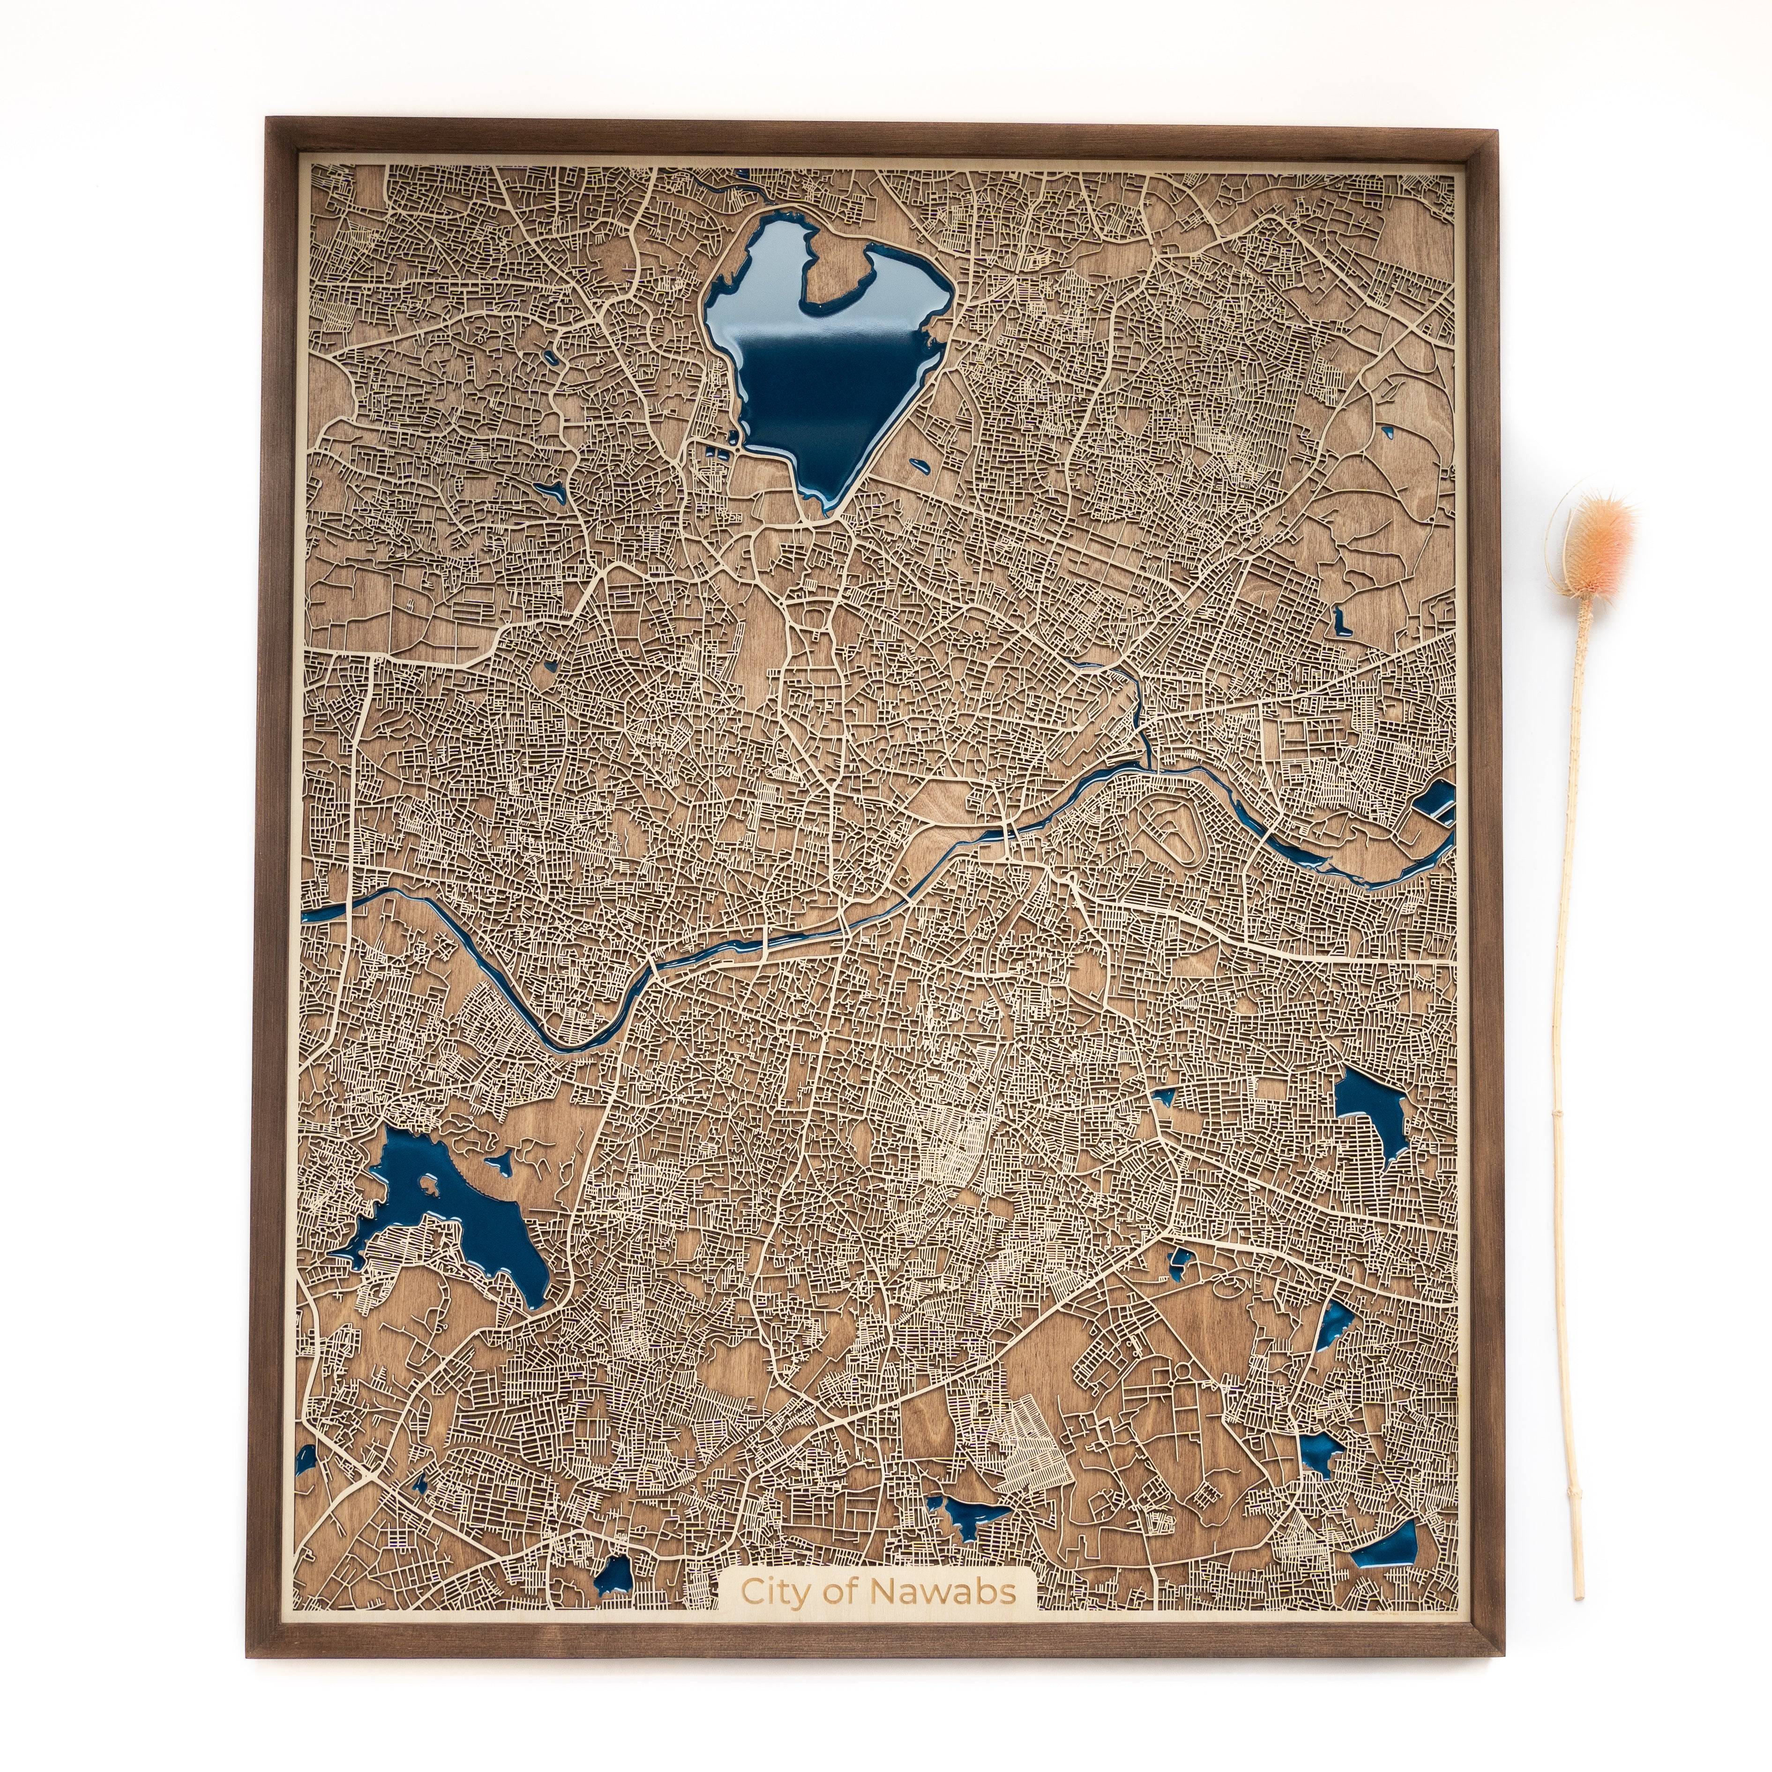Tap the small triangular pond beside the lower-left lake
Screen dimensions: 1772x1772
[501, 1163]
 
